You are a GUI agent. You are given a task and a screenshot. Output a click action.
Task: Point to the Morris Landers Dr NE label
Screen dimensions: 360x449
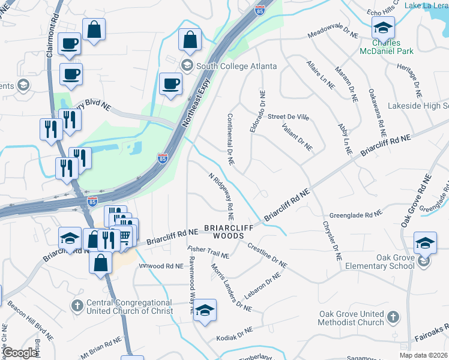point(231,288)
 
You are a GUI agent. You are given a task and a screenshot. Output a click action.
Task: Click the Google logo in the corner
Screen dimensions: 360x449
point(19,353)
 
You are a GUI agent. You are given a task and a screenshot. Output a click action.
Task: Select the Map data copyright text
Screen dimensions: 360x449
point(424,355)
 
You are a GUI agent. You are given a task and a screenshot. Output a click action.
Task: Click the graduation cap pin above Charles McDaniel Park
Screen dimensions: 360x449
point(383,28)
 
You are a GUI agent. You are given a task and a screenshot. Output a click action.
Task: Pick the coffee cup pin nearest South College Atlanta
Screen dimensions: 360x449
point(170,83)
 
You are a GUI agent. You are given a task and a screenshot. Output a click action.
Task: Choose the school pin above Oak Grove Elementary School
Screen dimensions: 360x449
point(425,242)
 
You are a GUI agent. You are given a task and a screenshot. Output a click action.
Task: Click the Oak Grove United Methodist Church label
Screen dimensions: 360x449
point(351,318)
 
